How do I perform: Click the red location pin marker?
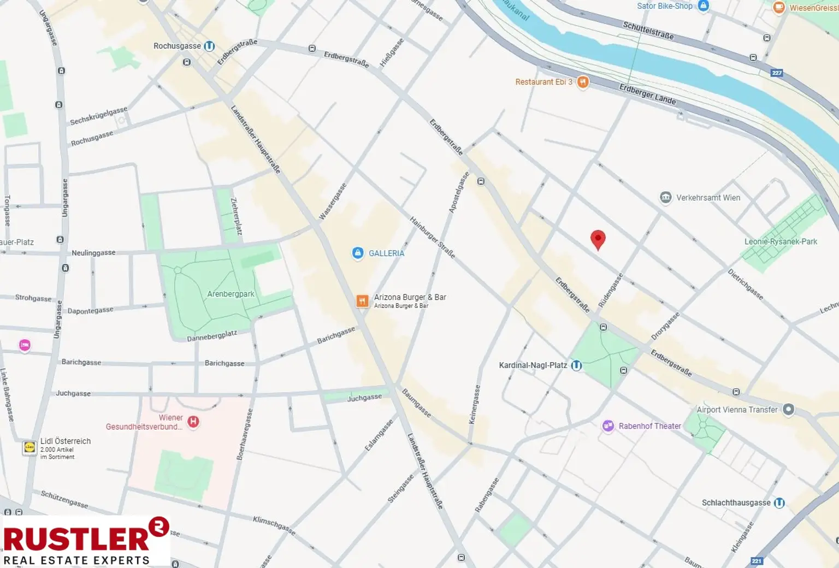tap(598, 239)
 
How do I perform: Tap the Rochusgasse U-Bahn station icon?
tap(209, 46)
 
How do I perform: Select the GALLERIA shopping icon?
tap(358, 253)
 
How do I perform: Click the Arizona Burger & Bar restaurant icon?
tap(362, 301)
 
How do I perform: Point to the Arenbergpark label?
tap(231, 294)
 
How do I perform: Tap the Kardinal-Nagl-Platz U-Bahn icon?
tap(576, 365)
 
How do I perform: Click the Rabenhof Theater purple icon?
tap(608, 426)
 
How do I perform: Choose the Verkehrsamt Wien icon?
tap(665, 198)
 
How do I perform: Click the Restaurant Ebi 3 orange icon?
tap(583, 82)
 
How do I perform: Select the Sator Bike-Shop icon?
tap(704, 6)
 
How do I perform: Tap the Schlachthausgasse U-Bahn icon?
tap(779, 502)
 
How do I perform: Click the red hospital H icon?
tap(193, 422)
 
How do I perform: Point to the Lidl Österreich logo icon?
tap(29, 448)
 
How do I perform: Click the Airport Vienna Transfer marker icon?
tap(788, 409)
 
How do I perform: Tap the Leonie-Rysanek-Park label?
tap(781, 241)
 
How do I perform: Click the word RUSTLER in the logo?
tap(76, 539)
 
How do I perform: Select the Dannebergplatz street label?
tap(212, 336)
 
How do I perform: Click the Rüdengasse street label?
tap(610, 291)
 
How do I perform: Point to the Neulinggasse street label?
tap(93, 253)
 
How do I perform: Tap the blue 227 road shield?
tap(777, 73)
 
